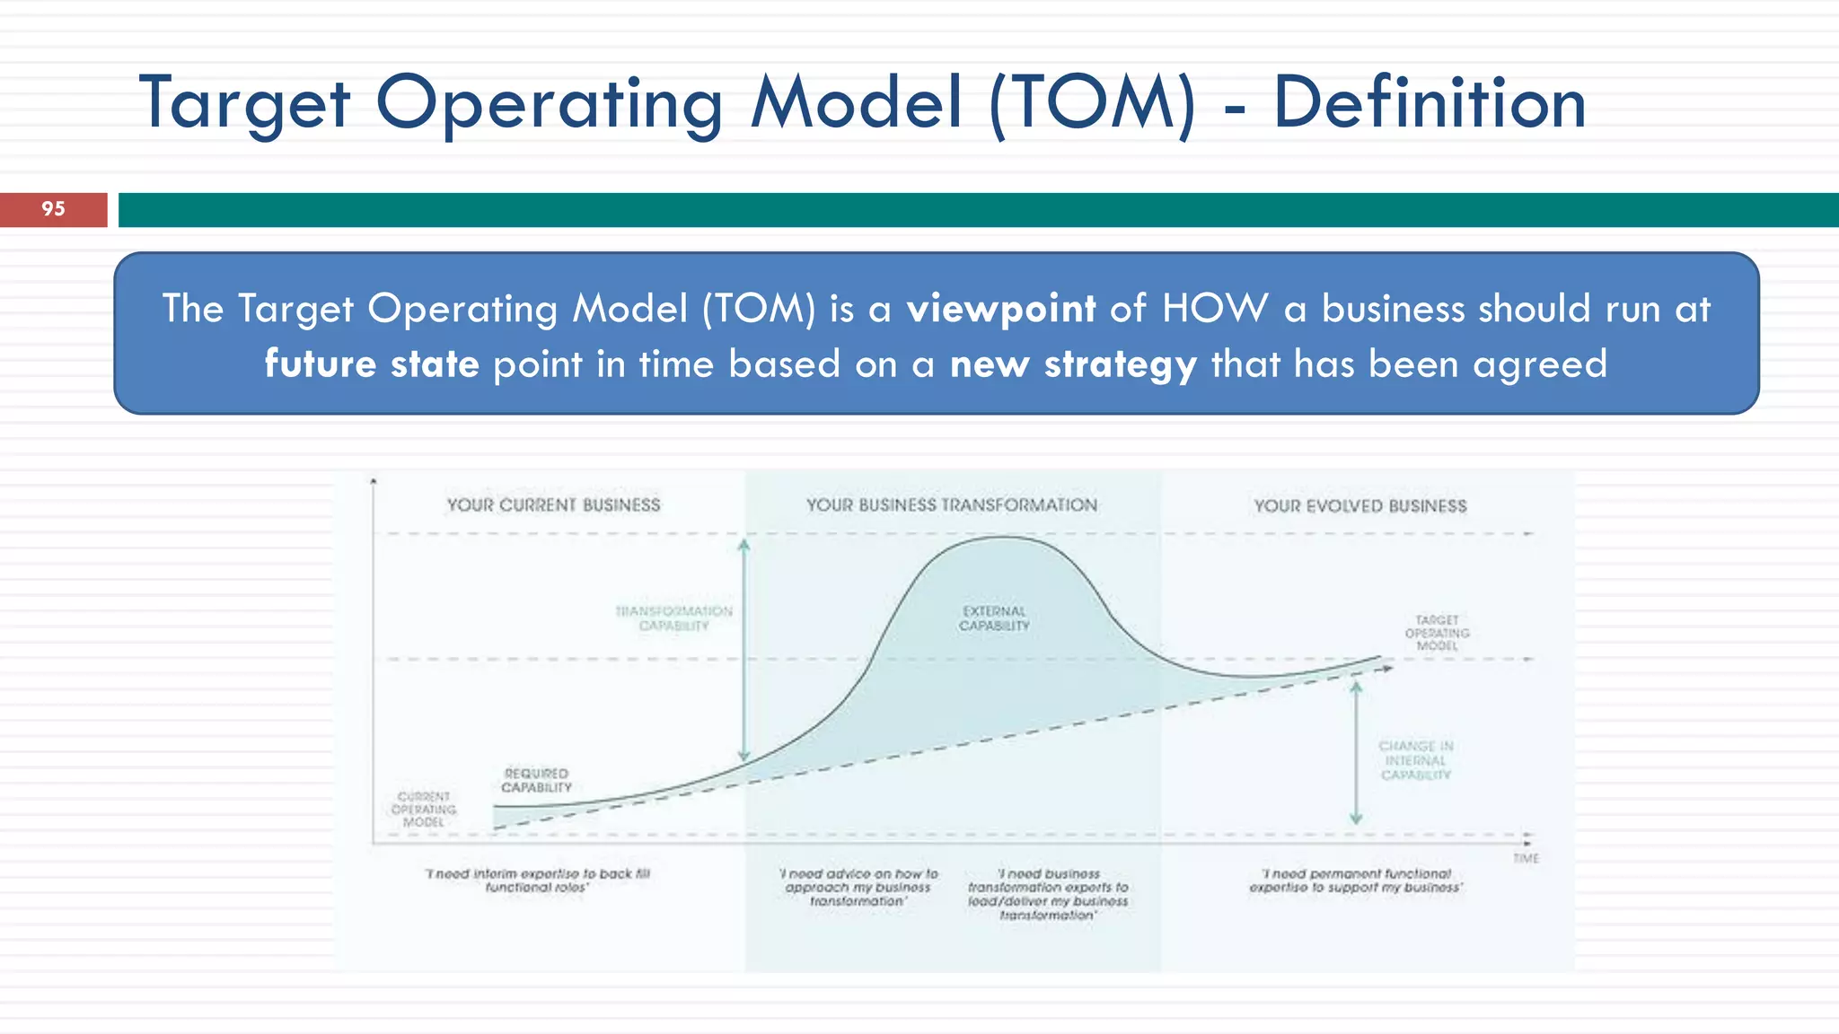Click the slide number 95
pos(53,209)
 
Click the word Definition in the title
pos(1429,103)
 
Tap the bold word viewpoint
pos(1000,309)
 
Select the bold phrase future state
pos(372,364)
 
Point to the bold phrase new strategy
pos(1073,364)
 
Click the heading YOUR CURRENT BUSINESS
pos(553,505)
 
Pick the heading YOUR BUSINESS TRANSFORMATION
pos(951,505)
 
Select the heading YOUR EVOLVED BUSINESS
pos(1359,506)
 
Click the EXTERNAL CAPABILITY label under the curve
pos(994,618)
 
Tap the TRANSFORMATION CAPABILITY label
pos(673,618)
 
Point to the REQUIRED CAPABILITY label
pos(536,780)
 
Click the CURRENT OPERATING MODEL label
pos(424,809)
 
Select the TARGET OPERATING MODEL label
pos(1437,633)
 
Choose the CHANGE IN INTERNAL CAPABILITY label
pos(1416,760)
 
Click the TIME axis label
pos(1526,859)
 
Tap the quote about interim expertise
pos(537,881)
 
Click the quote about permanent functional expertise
pos(1356,881)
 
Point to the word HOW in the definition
pos(1215,309)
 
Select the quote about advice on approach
pos(858,887)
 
